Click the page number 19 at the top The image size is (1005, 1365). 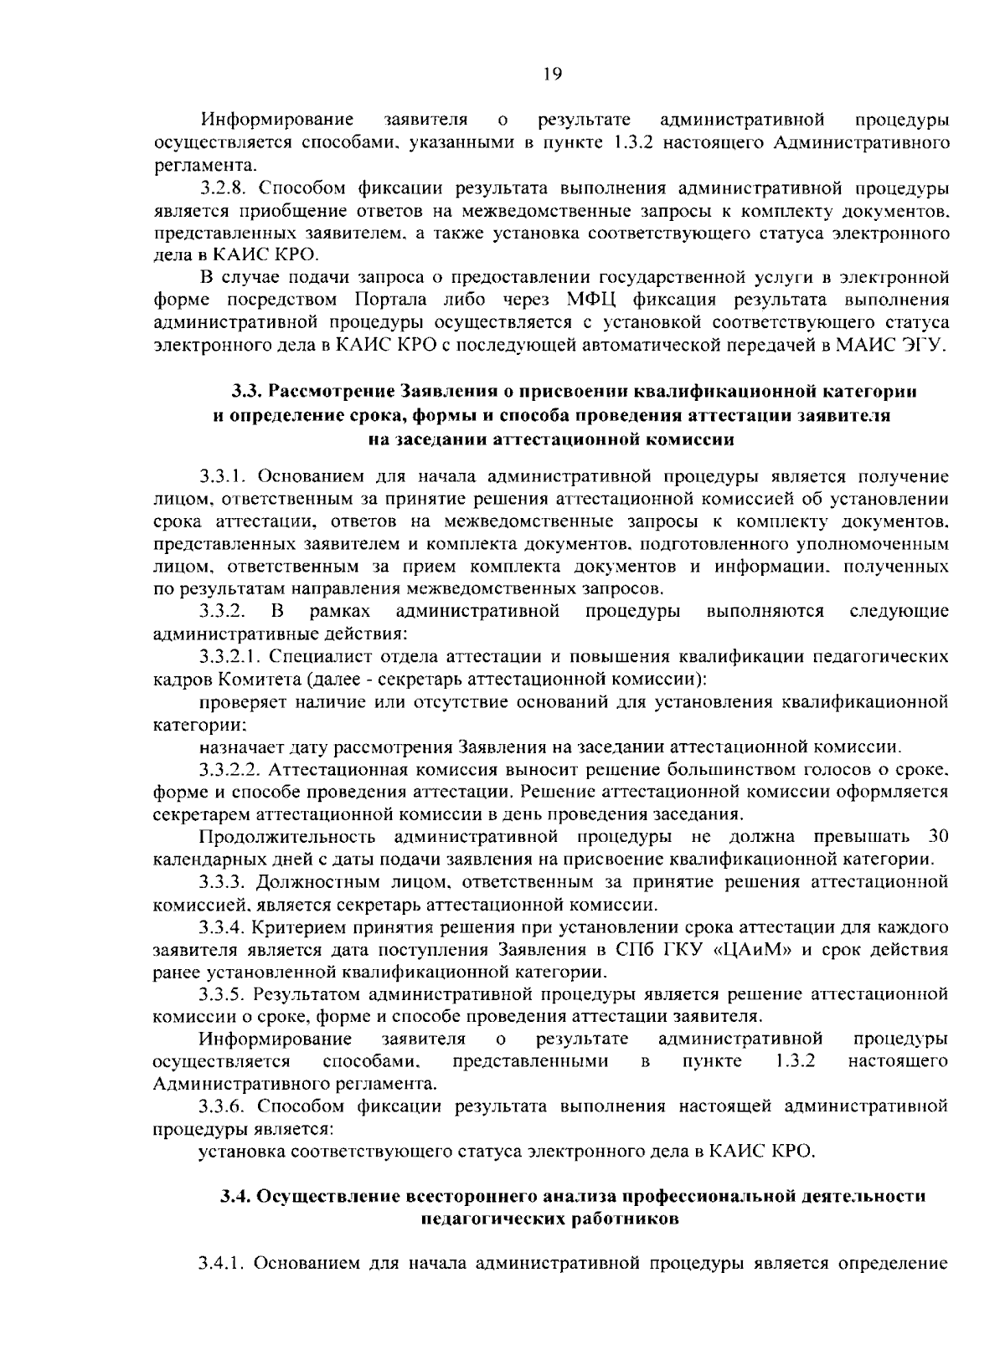[551, 74]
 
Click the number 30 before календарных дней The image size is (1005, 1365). [938, 837]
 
